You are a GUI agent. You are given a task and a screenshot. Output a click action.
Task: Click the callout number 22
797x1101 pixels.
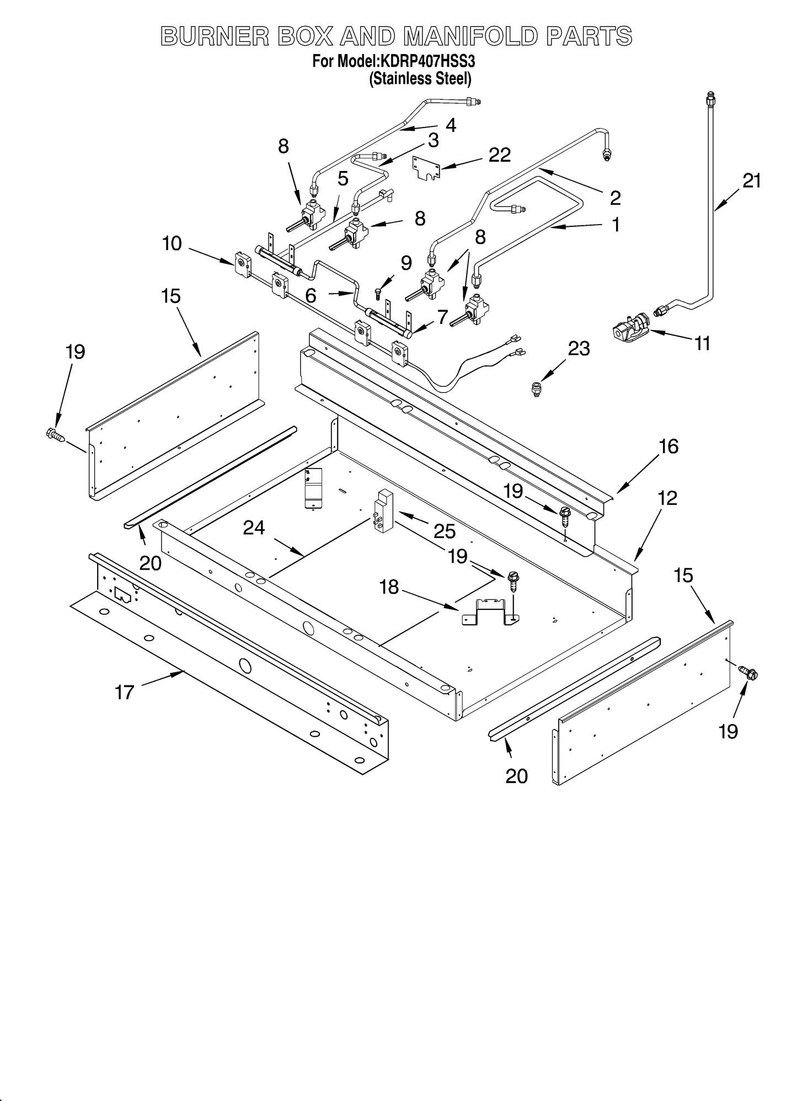(x=499, y=155)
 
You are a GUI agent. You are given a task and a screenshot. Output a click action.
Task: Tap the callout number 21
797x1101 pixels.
(x=751, y=180)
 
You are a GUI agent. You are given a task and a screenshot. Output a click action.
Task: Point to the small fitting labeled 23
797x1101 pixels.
(x=535, y=390)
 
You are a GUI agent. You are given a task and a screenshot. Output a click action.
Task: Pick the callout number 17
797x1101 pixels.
(x=125, y=692)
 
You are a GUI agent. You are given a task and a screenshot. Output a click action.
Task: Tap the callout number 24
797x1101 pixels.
(x=254, y=528)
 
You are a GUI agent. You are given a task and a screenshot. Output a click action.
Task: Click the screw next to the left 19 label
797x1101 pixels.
(x=56, y=435)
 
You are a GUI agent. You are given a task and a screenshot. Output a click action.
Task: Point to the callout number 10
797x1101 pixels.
(x=172, y=243)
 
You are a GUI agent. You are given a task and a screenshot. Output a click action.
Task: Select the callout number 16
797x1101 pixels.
(x=668, y=446)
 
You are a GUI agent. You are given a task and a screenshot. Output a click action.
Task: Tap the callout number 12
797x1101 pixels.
(x=667, y=498)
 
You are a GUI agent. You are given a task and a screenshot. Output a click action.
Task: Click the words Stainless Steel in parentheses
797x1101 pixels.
(x=420, y=79)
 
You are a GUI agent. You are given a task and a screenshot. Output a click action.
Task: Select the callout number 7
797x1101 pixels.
(x=442, y=317)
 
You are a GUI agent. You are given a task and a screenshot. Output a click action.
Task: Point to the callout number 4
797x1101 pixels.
(x=451, y=125)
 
